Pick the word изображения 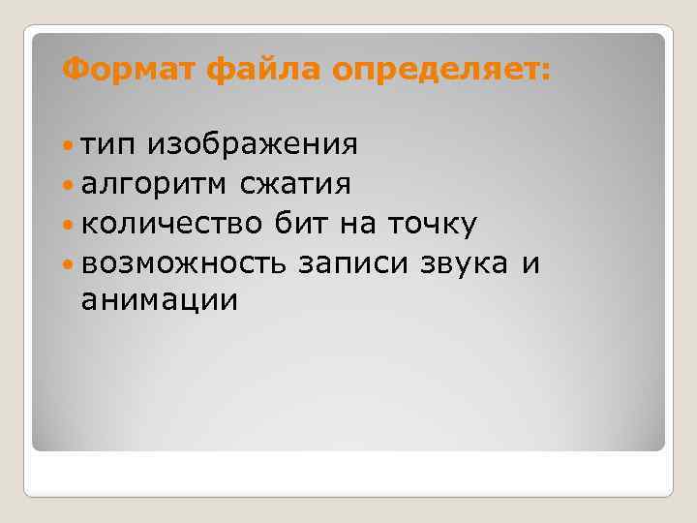pyautogui.click(x=253, y=146)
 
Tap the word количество pyautogui.click(x=171, y=225)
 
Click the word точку pyautogui.click(x=433, y=225)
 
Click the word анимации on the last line pyautogui.click(x=159, y=301)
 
